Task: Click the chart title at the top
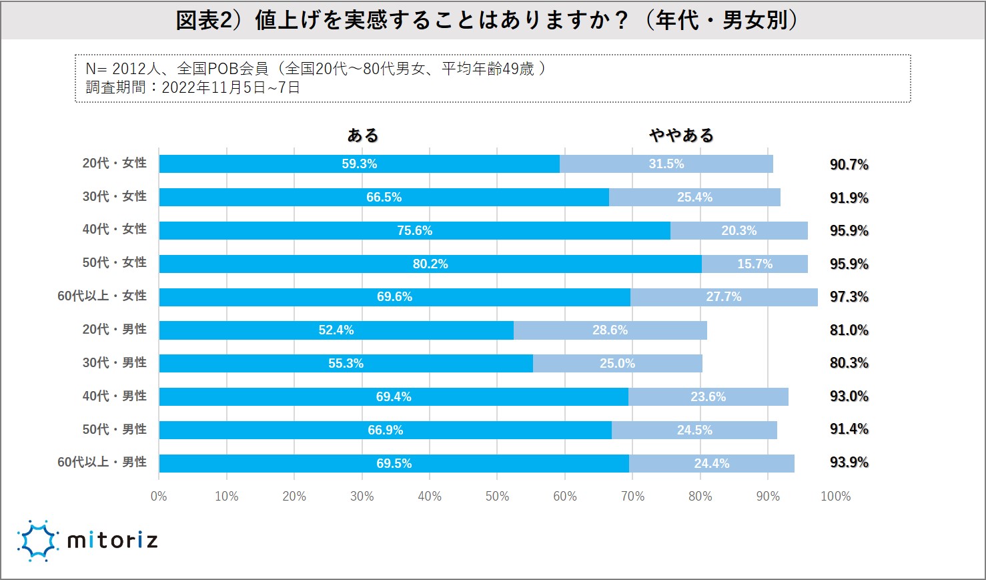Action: coord(486,20)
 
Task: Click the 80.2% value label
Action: coord(430,264)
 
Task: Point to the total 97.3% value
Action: coord(849,297)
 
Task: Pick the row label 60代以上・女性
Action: coord(102,296)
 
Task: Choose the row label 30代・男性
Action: coord(115,362)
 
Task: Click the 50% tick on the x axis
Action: coord(497,497)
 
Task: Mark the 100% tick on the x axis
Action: coord(835,497)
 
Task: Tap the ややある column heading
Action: coord(681,135)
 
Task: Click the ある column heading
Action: coord(362,135)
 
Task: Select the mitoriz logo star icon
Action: coord(37,540)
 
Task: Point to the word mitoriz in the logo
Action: coord(113,540)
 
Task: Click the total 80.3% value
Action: coord(849,363)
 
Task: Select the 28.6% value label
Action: coord(610,330)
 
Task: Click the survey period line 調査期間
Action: coord(193,87)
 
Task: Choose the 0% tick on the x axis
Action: coord(159,497)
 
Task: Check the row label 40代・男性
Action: coord(115,396)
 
